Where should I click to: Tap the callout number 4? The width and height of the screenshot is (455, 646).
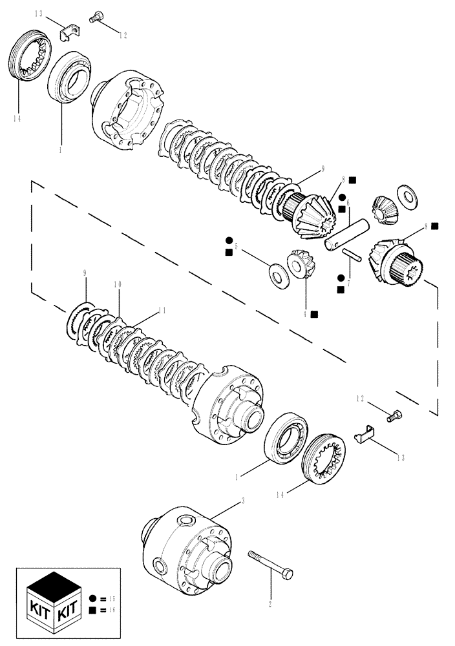(304, 314)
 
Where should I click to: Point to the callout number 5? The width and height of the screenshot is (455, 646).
(237, 247)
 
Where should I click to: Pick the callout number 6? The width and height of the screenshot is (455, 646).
(347, 202)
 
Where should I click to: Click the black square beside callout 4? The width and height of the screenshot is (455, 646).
(314, 315)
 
